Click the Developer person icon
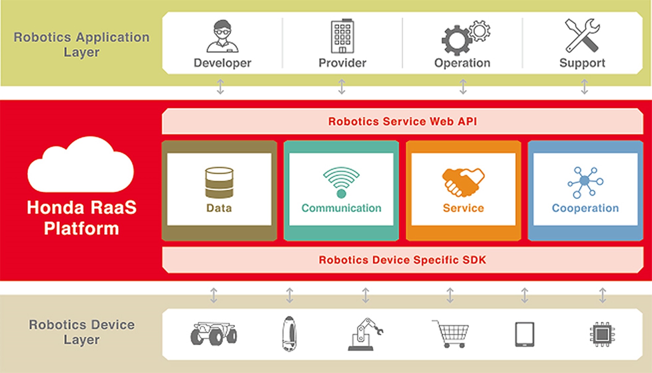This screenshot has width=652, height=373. point(222,36)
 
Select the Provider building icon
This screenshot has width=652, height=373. point(342,36)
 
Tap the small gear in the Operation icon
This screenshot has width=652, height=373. point(479,31)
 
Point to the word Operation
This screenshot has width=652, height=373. point(462,63)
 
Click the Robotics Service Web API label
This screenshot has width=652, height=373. point(402,122)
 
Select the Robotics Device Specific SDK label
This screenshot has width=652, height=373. point(402,260)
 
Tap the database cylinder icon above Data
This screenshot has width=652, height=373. point(219,182)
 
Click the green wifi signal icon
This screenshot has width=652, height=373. point(341,182)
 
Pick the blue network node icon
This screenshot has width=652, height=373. point(585,182)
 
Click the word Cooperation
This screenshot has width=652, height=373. point(585,208)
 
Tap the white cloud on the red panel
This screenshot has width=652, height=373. point(81,165)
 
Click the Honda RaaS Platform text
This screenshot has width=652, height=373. point(81,218)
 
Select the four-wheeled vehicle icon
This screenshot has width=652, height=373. point(214,333)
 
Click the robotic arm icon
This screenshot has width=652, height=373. point(365,334)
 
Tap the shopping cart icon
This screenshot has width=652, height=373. point(451,334)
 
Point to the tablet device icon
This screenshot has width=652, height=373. point(525,334)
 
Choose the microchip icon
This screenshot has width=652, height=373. point(602,334)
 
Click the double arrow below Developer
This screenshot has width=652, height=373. point(220,87)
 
